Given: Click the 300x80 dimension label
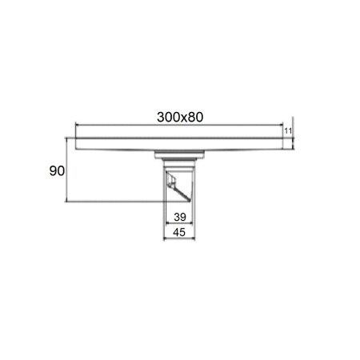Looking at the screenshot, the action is coord(180,117).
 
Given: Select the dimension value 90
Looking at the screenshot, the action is coord(57,170).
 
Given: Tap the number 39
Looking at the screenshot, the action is coord(180,217).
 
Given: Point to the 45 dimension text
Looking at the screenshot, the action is coord(179,233).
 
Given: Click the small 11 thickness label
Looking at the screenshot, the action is coord(288,131).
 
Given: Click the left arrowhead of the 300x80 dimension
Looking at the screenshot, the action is coord(78,124).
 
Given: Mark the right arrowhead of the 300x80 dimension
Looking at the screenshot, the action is coord(281,124).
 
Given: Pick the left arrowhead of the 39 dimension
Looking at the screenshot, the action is coord(168,223).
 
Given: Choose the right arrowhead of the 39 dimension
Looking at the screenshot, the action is coord(190,223).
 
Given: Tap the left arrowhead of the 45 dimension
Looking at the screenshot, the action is coord(166,239).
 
